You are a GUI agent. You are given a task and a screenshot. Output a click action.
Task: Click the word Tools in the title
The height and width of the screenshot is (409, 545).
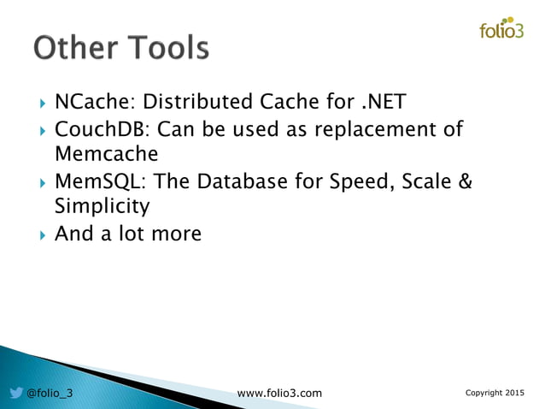(167, 48)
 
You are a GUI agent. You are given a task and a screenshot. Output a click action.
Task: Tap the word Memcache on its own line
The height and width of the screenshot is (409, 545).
(106, 155)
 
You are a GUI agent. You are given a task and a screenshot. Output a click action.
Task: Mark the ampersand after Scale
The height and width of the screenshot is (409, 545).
(466, 182)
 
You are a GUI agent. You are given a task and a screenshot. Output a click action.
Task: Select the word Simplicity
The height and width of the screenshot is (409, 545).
(102, 207)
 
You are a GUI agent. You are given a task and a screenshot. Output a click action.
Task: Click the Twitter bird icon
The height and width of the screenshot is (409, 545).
(16, 393)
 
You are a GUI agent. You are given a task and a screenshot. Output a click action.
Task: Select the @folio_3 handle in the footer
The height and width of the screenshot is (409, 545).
(50, 393)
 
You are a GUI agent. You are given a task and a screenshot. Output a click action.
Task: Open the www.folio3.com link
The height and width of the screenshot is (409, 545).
(279, 393)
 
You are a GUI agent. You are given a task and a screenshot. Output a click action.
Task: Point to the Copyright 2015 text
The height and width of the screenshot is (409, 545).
(495, 393)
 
